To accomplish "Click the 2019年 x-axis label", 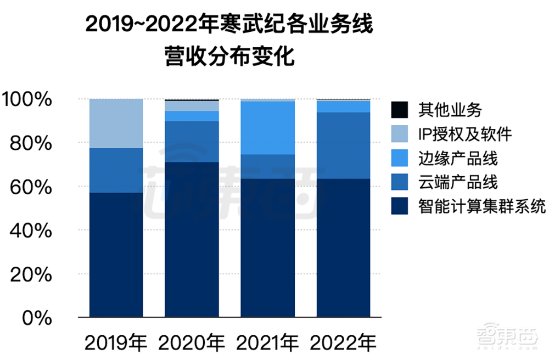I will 116,344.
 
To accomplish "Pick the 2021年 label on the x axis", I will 268,344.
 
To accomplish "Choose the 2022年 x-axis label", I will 344,344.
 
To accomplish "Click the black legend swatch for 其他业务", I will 399,110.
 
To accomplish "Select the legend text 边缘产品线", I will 457,158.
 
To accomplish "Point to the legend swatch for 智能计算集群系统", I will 399,206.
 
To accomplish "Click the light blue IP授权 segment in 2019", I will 116,123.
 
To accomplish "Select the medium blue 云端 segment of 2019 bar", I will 116,170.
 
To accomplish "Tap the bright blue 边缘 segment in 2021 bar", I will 268,128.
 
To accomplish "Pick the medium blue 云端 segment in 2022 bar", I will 344,145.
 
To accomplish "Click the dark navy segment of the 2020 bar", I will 192,239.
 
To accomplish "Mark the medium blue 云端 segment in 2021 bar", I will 268,166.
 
